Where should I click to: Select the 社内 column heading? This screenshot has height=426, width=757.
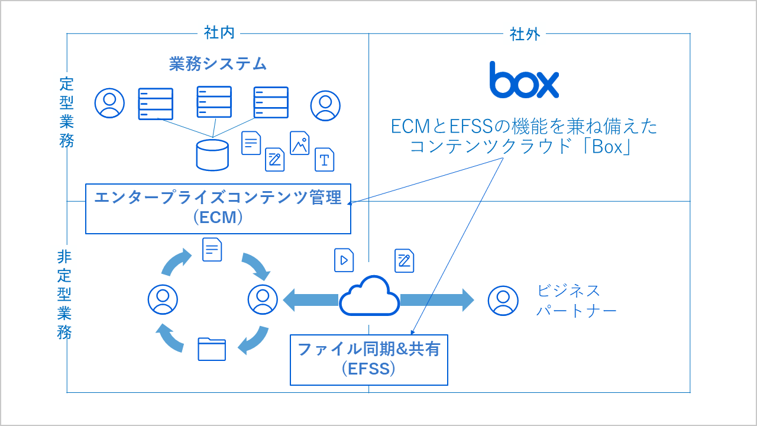point(219,33)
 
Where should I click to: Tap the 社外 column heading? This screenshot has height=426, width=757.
point(525,34)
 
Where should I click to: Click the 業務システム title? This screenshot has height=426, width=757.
point(218,64)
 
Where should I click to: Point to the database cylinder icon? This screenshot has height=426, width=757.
point(212,155)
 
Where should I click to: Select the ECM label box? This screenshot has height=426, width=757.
point(218,208)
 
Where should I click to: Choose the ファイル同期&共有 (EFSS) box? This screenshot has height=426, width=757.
point(368,359)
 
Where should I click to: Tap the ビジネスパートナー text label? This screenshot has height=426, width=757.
point(576,301)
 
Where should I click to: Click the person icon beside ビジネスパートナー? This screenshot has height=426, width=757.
point(503,301)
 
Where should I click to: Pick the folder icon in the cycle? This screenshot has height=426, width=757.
point(212,348)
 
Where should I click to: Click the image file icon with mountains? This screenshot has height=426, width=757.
point(300,143)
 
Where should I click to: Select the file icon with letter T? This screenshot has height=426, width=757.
point(324,159)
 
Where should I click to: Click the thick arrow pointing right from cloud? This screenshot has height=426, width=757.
point(437,300)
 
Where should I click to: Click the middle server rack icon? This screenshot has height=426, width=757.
point(213,102)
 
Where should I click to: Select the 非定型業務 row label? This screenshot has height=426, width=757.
point(64,295)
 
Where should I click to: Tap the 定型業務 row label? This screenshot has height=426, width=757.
point(66,112)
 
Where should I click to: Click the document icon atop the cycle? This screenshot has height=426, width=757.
point(212,249)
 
